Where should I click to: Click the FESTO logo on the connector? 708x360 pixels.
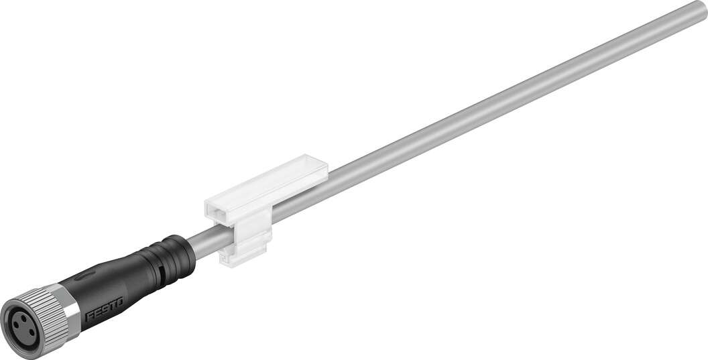[x=105, y=310]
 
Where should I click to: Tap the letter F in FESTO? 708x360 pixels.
[x=89, y=316]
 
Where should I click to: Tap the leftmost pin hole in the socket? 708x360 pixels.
[x=16, y=328]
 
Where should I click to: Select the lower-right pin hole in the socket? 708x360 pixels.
[x=31, y=333]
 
